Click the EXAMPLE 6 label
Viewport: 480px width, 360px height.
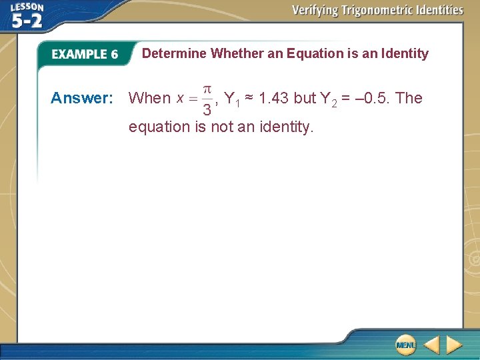pyautogui.click(x=85, y=55)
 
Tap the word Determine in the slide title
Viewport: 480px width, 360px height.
pyautogui.click(x=174, y=53)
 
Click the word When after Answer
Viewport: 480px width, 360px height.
pyautogui.click(x=149, y=98)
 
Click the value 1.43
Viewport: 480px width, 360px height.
pyautogui.click(x=273, y=98)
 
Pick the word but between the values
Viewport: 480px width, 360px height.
pyautogui.click(x=305, y=98)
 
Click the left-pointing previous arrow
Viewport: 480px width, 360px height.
pyautogui.click(x=431, y=345)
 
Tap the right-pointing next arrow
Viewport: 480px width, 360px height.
pyautogui.click(x=454, y=345)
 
